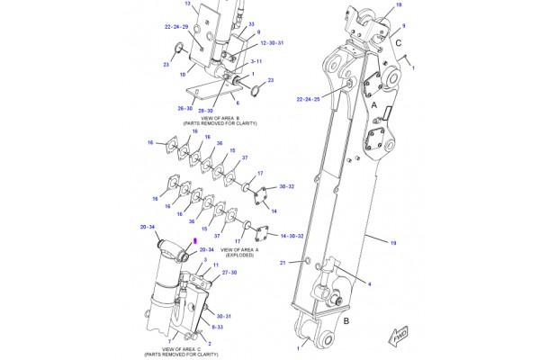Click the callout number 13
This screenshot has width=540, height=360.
click(x=188, y=4)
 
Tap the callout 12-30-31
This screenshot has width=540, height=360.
click(x=247, y=42)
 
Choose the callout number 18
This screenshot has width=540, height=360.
click(x=399, y=5)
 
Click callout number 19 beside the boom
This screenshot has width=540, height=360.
click(x=393, y=242)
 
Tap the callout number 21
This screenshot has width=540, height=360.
click(x=281, y=262)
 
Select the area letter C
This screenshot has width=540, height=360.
click(x=399, y=40)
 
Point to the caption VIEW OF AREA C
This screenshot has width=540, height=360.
click(x=178, y=346)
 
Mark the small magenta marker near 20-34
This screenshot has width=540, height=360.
click(x=193, y=241)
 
